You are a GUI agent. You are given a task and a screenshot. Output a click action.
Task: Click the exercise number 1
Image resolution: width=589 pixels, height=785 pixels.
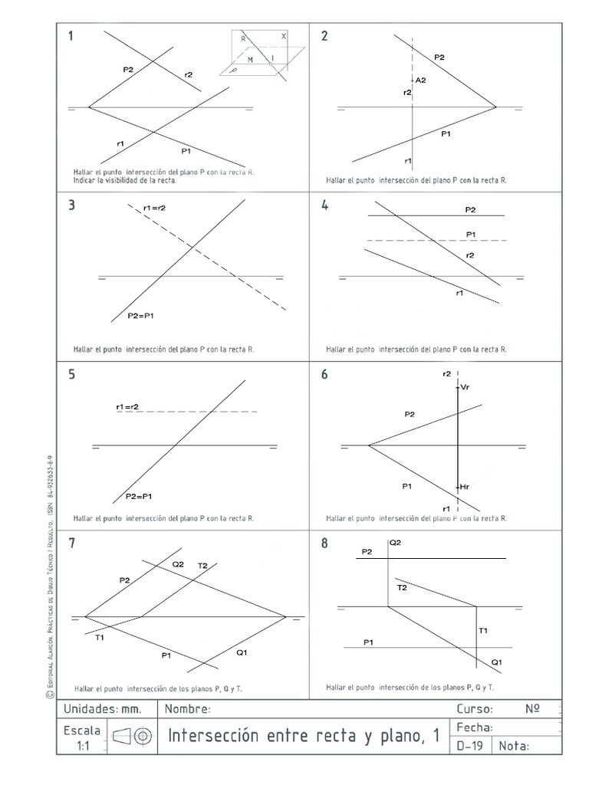[x=71, y=35]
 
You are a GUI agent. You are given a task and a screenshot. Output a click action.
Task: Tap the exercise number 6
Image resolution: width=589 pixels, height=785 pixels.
[x=325, y=374]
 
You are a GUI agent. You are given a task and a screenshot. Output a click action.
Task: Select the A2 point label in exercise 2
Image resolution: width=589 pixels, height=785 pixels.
[x=420, y=79]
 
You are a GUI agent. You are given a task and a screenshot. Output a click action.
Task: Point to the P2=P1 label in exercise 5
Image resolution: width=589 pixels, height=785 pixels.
[x=139, y=496]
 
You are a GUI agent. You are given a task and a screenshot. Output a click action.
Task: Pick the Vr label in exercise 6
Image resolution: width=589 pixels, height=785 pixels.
[x=465, y=388]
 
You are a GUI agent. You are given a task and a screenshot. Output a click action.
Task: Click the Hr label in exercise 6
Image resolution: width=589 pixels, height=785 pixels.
[x=465, y=486]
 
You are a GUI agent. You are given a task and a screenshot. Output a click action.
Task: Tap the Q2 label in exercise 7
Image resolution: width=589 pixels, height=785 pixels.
[x=178, y=563]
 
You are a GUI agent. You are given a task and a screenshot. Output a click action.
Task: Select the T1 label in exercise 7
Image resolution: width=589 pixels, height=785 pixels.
[x=100, y=637]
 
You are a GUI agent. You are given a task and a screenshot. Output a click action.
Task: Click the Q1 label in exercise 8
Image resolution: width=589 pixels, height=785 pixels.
[x=496, y=661]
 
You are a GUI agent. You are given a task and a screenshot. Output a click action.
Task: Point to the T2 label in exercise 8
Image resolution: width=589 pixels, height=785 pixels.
[x=402, y=587]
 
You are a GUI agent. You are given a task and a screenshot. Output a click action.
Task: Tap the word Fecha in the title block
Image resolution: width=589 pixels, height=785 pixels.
[x=473, y=728]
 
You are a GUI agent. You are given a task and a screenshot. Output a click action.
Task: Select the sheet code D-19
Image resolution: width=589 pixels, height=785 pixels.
[x=469, y=745]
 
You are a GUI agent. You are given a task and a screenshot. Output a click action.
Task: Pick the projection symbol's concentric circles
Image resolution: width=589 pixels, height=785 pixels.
[x=142, y=737]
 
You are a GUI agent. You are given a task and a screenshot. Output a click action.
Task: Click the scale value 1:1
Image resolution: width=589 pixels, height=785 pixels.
[x=84, y=744]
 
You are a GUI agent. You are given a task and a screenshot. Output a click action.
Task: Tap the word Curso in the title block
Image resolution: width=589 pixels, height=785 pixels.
[x=475, y=709]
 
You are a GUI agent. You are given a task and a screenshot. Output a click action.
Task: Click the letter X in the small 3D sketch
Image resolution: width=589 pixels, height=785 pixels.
[x=284, y=36]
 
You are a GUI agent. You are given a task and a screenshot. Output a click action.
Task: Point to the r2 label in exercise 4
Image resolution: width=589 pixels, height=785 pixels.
[x=470, y=255]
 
